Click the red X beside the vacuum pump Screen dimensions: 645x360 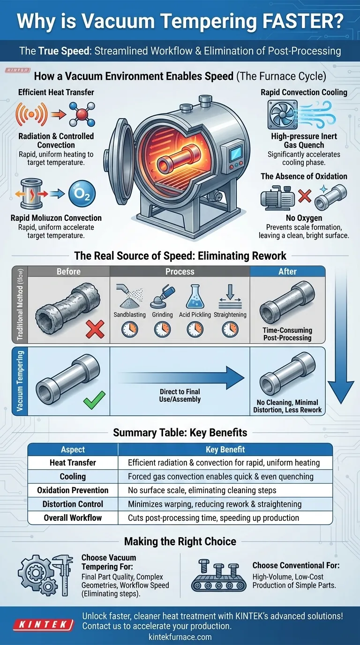305,195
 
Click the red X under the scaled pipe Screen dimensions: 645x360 95,330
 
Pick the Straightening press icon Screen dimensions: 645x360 230,296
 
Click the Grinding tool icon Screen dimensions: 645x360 162,297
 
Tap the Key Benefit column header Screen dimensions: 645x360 225,450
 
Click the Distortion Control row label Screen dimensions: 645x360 73,504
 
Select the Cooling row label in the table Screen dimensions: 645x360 73,476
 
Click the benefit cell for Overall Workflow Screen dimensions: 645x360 213,517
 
